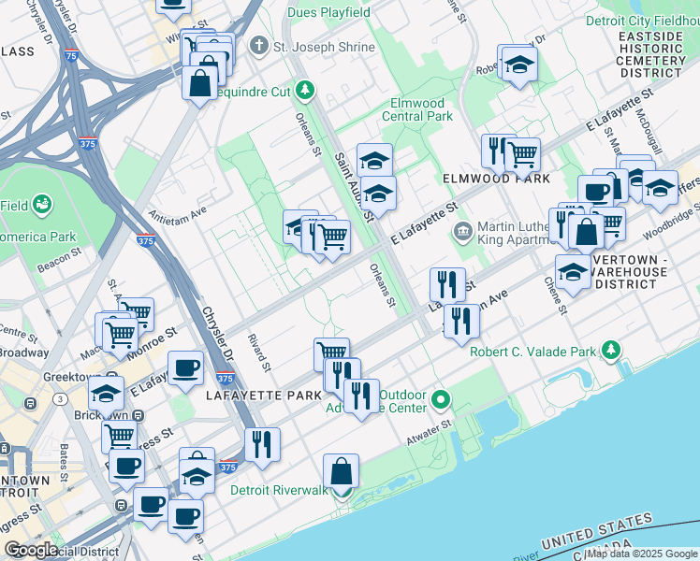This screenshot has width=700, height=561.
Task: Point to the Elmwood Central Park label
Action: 417,109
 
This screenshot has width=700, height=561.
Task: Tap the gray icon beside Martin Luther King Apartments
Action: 461,231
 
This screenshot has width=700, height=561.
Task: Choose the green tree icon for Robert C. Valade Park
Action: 611,351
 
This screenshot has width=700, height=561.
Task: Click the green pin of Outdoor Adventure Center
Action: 440,401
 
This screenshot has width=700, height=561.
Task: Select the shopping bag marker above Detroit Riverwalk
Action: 342,470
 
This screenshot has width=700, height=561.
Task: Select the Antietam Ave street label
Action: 177,212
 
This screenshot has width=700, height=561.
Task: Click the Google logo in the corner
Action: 31,549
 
